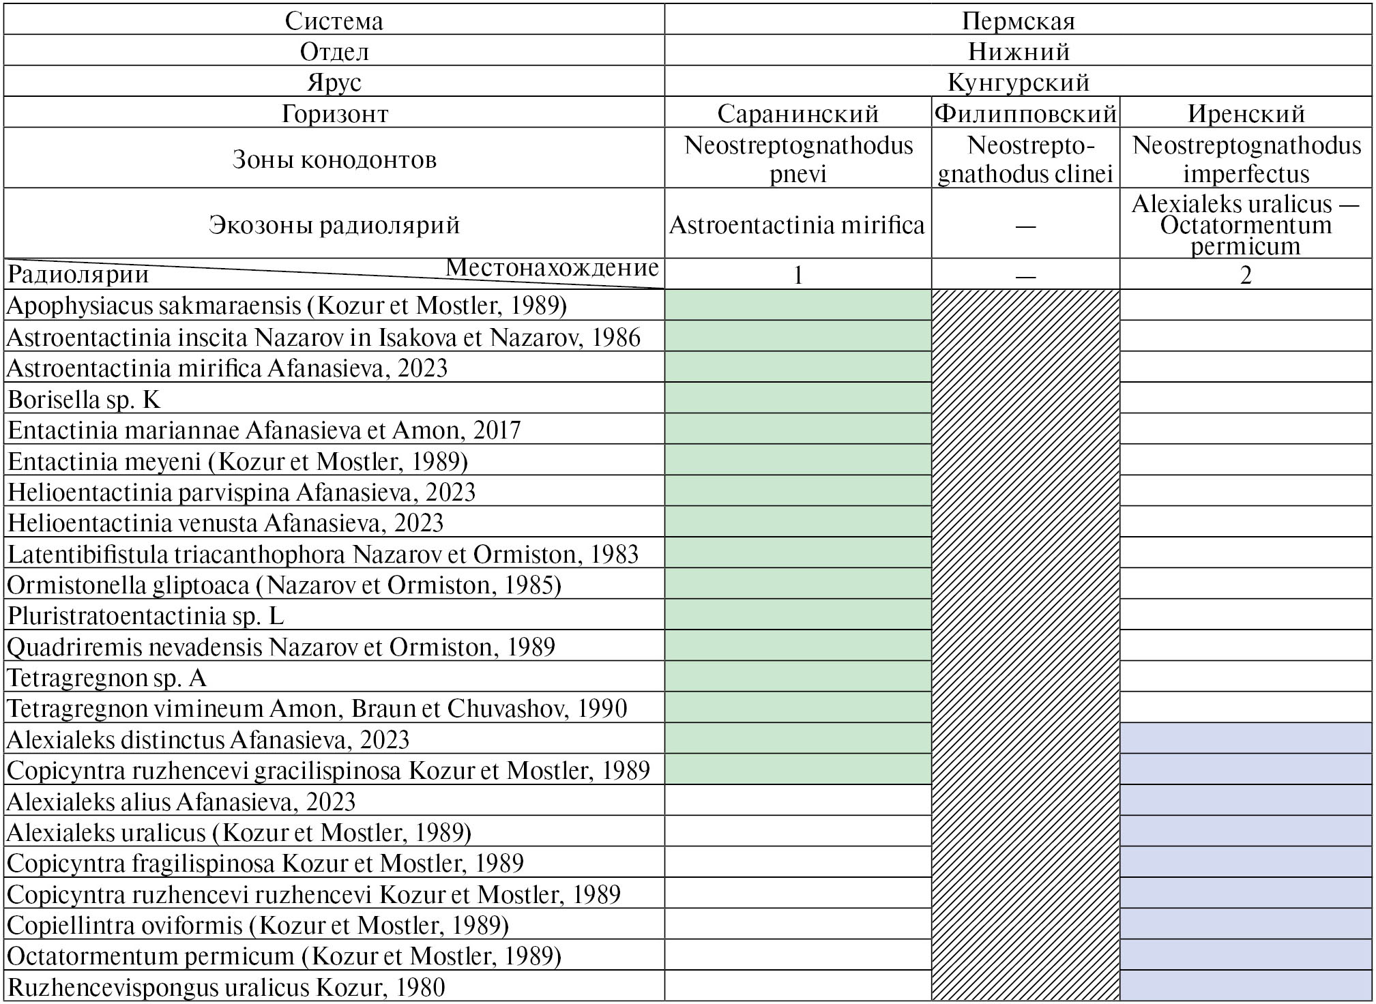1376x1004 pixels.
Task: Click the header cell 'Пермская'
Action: point(1018,20)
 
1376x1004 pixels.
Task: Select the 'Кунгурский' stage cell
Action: point(1018,83)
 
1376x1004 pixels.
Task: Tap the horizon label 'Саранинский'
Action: point(797,113)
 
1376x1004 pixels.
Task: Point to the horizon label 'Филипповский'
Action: point(1025,113)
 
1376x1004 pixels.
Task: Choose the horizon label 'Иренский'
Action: point(1246,113)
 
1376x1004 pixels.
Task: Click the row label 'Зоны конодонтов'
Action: point(334,159)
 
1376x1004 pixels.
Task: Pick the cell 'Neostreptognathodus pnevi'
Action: point(797,159)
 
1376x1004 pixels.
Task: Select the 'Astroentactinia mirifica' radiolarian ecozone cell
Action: point(797,224)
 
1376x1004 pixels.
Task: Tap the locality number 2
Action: point(1246,275)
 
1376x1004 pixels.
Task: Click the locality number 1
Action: point(797,275)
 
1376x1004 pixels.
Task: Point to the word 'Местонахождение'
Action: point(552,267)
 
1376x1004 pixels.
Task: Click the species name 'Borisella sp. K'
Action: point(84,399)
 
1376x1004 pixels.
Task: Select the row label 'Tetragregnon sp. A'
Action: point(106,678)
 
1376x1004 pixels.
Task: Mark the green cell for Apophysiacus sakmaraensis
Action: point(797,305)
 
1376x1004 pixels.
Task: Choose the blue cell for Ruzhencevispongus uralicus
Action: point(1246,986)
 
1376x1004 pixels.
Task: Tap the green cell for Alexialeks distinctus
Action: point(797,739)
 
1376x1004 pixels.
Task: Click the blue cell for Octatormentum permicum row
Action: point(1246,955)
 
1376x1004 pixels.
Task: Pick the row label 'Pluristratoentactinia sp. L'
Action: point(145,616)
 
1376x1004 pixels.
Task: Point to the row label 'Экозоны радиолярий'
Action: point(334,224)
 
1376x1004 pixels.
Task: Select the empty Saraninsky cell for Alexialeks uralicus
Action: point(797,831)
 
